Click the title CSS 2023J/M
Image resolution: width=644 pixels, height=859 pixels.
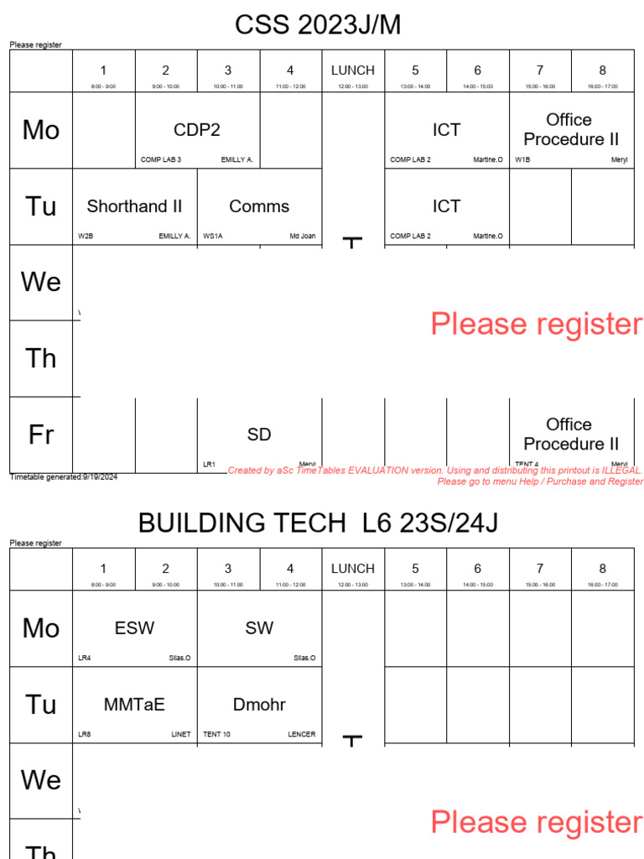pyautogui.click(x=318, y=25)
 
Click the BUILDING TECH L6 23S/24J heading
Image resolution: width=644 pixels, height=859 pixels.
pyautogui.click(x=318, y=523)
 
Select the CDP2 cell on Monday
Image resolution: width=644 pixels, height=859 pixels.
pyautogui.click(x=197, y=130)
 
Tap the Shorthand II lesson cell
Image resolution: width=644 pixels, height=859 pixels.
pyautogui.click(x=135, y=206)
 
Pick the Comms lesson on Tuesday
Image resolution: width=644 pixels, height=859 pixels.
pyautogui.click(x=259, y=206)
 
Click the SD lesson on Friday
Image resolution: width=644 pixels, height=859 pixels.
pyautogui.click(x=259, y=435)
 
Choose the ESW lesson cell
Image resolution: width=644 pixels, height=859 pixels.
pyautogui.click(x=135, y=628)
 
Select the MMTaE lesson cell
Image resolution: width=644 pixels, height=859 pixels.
pyautogui.click(x=135, y=705)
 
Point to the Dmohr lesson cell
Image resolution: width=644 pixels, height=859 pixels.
pyautogui.click(x=259, y=705)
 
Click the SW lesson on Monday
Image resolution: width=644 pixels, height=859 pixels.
pyautogui.click(x=259, y=628)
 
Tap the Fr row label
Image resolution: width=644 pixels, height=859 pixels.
pyautogui.click(x=41, y=435)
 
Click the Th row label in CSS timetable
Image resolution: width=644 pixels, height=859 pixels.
pyautogui.click(x=41, y=358)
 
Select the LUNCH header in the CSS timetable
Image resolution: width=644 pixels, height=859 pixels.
pyautogui.click(x=353, y=70)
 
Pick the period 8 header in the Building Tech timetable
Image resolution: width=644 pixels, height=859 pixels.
pyautogui.click(x=602, y=569)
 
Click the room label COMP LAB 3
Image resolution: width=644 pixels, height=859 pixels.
pyautogui.click(x=161, y=159)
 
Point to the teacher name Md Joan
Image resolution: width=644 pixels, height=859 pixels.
pyautogui.click(x=303, y=237)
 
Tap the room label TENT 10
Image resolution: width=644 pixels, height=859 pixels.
pyautogui.click(x=216, y=735)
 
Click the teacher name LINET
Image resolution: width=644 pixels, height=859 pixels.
pyautogui.click(x=181, y=735)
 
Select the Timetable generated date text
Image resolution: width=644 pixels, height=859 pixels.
pyautogui.click(x=64, y=477)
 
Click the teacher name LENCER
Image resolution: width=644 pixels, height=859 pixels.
pyautogui.click(x=302, y=735)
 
